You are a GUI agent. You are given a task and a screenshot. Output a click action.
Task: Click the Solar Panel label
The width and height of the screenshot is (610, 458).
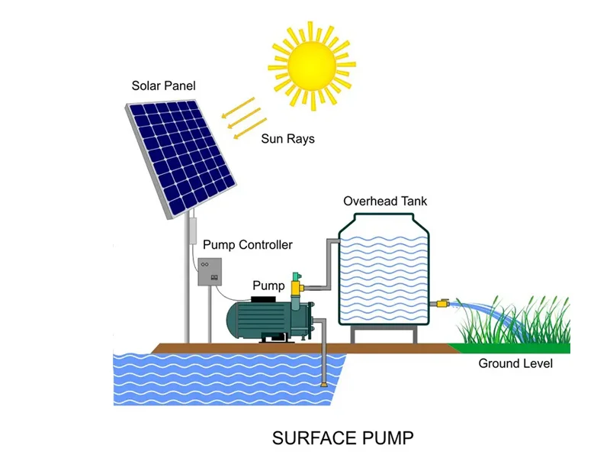pos(163,85)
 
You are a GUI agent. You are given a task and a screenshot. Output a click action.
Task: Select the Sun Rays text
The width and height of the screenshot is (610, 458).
pos(287,139)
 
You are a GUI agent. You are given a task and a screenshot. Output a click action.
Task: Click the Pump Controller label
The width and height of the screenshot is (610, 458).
pos(247,245)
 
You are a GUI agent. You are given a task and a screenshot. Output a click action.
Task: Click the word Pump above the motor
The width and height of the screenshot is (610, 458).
pos(268,285)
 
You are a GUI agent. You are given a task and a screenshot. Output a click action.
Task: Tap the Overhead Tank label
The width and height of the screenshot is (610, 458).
pos(385,202)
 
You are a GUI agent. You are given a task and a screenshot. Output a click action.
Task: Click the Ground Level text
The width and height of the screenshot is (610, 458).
pos(515,363)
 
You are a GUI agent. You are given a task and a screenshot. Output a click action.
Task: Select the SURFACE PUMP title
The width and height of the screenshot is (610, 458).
pos(342,438)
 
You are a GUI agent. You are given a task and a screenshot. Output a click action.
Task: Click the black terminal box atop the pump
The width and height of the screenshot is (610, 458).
pos(266,298)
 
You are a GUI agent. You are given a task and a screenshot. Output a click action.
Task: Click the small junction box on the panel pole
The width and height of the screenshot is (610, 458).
pos(194,228)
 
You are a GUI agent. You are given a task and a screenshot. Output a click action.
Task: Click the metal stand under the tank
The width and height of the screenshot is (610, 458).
pos(384,334)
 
